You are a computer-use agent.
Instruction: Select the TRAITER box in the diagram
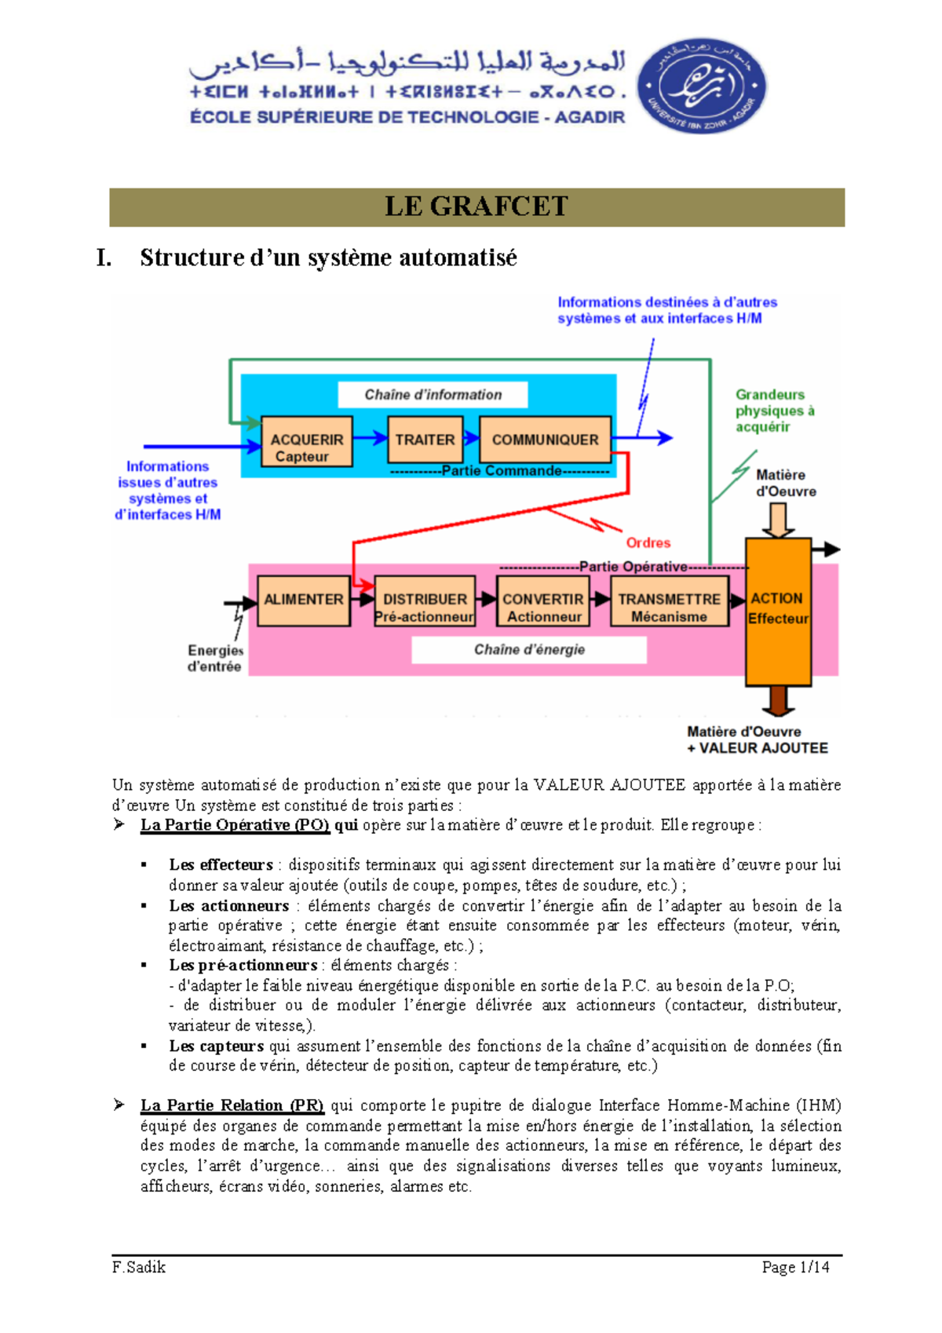pos(425,440)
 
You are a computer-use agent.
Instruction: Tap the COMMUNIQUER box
pos(545,440)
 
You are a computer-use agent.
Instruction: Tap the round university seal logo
pos(701,86)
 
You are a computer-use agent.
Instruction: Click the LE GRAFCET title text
pos(476,206)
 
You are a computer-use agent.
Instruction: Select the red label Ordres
pos(648,542)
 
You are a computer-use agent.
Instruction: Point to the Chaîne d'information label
pos(433,395)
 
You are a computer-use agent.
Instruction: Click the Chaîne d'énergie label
pos(529,650)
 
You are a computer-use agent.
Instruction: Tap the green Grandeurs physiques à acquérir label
pos(774,411)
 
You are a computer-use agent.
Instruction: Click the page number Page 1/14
pos(795,1267)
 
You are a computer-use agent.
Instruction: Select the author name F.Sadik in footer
pos(139,1267)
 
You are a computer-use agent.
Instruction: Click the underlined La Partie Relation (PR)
pos(232,1105)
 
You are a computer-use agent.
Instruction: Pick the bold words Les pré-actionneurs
pos(243,965)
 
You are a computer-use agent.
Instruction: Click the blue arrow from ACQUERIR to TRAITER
pos(370,439)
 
